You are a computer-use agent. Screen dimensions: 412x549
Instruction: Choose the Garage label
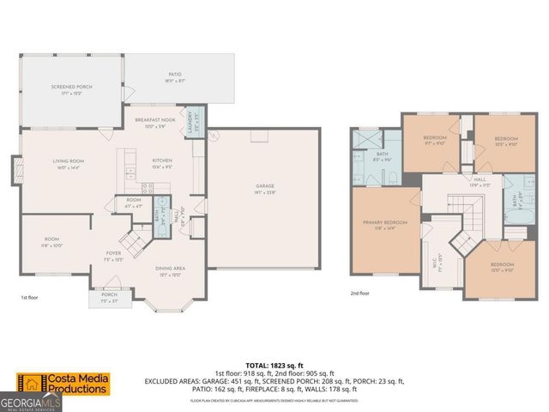263,187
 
